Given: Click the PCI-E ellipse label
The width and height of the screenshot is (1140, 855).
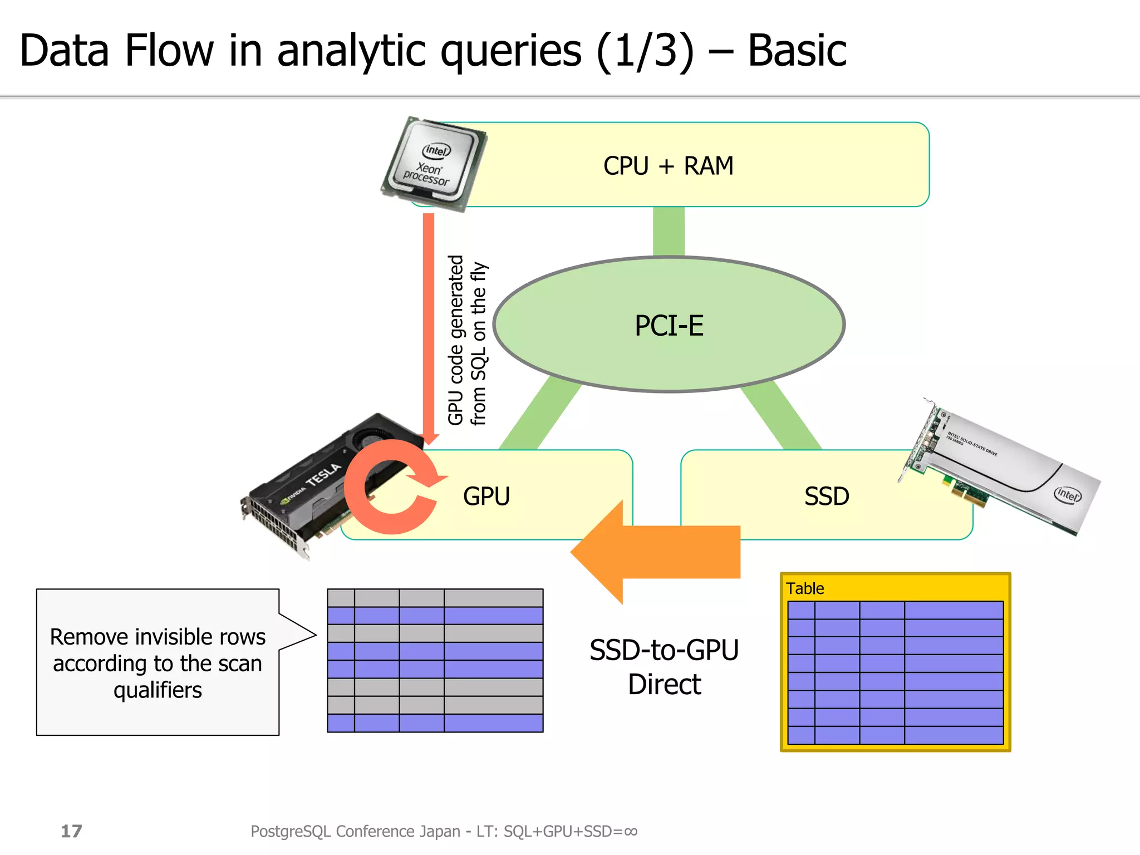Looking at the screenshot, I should pyautogui.click(x=669, y=326).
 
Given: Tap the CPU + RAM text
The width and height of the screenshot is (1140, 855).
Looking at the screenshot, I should pyautogui.click(x=668, y=166).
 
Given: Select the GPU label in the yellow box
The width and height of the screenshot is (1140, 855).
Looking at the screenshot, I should pyautogui.click(x=486, y=496).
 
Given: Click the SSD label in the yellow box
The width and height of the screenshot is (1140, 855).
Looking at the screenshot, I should pyautogui.click(x=826, y=496).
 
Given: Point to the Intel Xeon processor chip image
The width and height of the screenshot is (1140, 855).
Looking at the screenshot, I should pyautogui.click(x=434, y=164).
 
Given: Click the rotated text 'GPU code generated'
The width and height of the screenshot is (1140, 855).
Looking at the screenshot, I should pyautogui.click(x=456, y=340).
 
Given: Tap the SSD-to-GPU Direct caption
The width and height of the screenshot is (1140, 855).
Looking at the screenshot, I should pyautogui.click(x=664, y=667).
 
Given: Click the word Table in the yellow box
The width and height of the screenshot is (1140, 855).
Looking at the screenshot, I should pyautogui.click(x=804, y=588).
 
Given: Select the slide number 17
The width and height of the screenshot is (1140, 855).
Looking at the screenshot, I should pyautogui.click(x=71, y=831).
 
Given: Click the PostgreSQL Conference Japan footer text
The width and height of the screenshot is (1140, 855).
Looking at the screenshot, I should pyautogui.click(x=444, y=831).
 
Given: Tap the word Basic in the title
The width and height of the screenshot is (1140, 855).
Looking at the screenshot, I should pyautogui.click(x=796, y=51).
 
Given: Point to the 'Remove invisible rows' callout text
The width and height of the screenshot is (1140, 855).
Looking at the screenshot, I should pyautogui.click(x=158, y=637).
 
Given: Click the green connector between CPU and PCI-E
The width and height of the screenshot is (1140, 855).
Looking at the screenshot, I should pyautogui.click(x=669, y=231).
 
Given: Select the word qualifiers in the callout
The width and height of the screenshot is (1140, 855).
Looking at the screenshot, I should pyautogui.click(x=158, y=690).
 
